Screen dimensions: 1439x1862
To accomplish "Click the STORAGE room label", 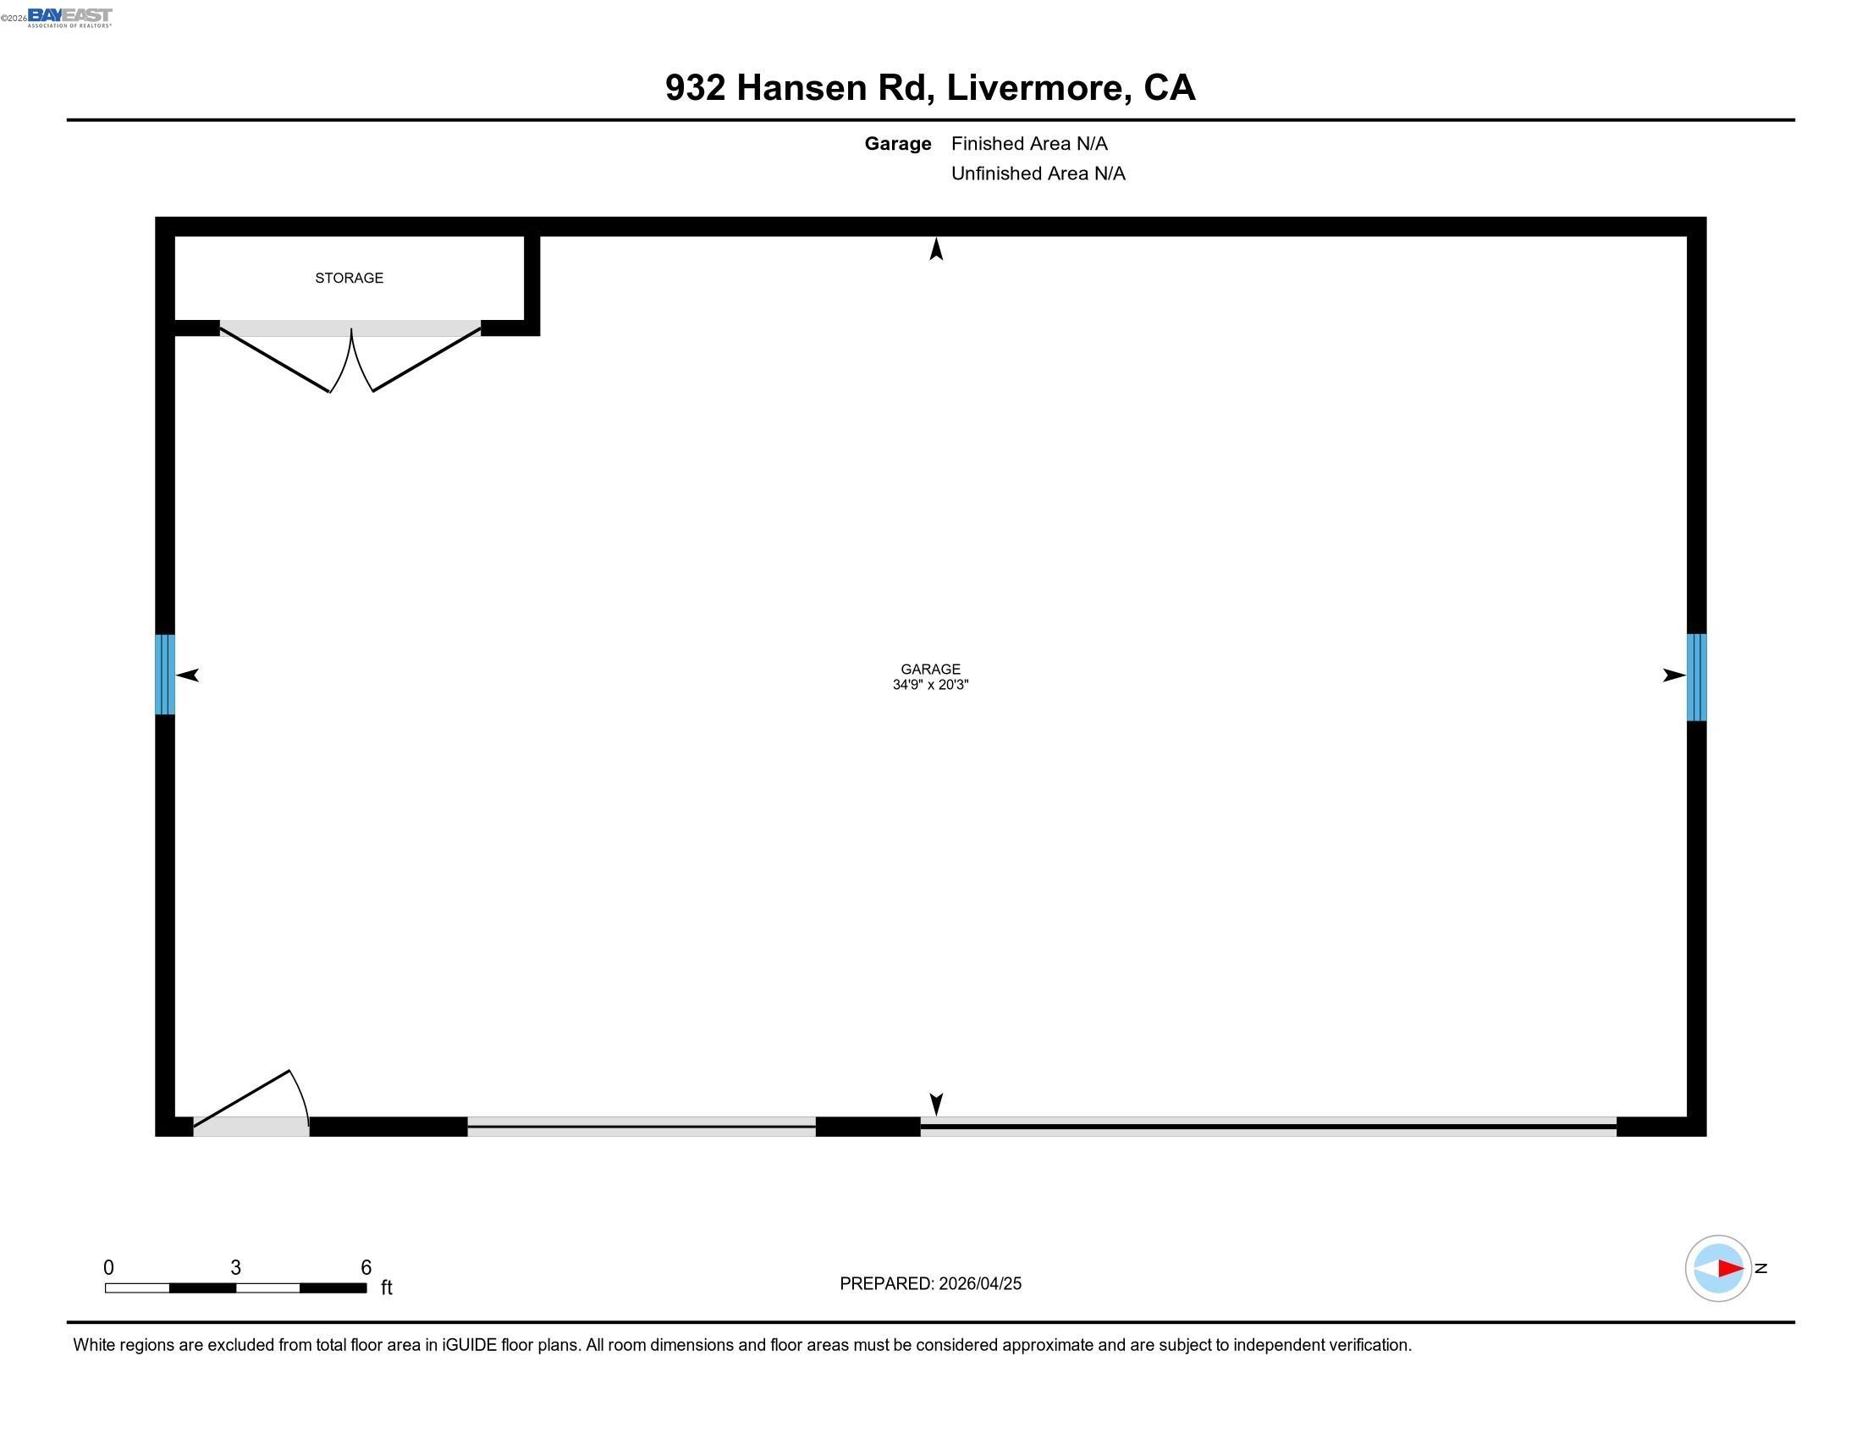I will click(349, 278).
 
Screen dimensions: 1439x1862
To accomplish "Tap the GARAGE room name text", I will click(930, 670).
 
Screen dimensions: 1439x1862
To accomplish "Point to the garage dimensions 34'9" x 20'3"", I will click(930, 685).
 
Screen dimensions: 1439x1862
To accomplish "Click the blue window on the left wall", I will click(164, 675).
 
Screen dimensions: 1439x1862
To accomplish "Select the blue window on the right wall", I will click(1697, 677).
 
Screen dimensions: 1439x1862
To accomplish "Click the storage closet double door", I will click(350, 358).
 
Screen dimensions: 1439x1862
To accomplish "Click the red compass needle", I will click(1729, 1269).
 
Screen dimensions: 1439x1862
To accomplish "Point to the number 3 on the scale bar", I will click(235, 1268).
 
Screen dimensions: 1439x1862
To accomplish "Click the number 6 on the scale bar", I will click(366, 1268).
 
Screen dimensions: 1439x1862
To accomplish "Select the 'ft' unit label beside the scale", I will click(386, 1287).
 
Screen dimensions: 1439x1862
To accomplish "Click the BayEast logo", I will click(70, 17).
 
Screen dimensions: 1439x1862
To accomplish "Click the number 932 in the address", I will click(695, 88).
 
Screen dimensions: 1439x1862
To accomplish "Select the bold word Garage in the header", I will click(897, 144).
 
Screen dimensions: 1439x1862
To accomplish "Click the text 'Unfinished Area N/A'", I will click(1038, 174).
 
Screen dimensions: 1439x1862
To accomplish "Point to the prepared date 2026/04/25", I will click(979, 1284).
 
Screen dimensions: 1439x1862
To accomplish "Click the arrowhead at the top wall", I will click(936, 250).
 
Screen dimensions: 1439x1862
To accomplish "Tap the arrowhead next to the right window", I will click(1673, 675).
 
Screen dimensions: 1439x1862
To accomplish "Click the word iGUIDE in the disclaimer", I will click(469, 1345).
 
